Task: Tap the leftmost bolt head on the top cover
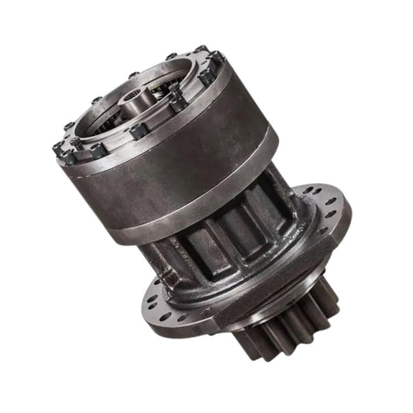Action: [x=58, y=148]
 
